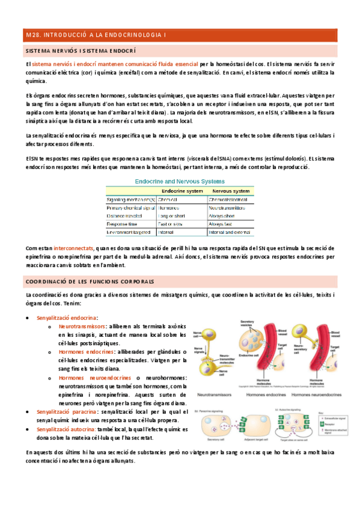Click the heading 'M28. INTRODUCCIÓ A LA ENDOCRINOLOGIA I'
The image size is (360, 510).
tap(97, 35)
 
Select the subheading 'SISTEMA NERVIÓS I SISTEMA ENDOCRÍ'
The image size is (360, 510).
tap(81, 52)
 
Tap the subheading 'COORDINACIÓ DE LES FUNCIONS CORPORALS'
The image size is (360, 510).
tap(90, 281)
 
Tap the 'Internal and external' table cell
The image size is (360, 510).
tap(229, 232)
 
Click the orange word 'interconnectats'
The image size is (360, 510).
tap(73, 248)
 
